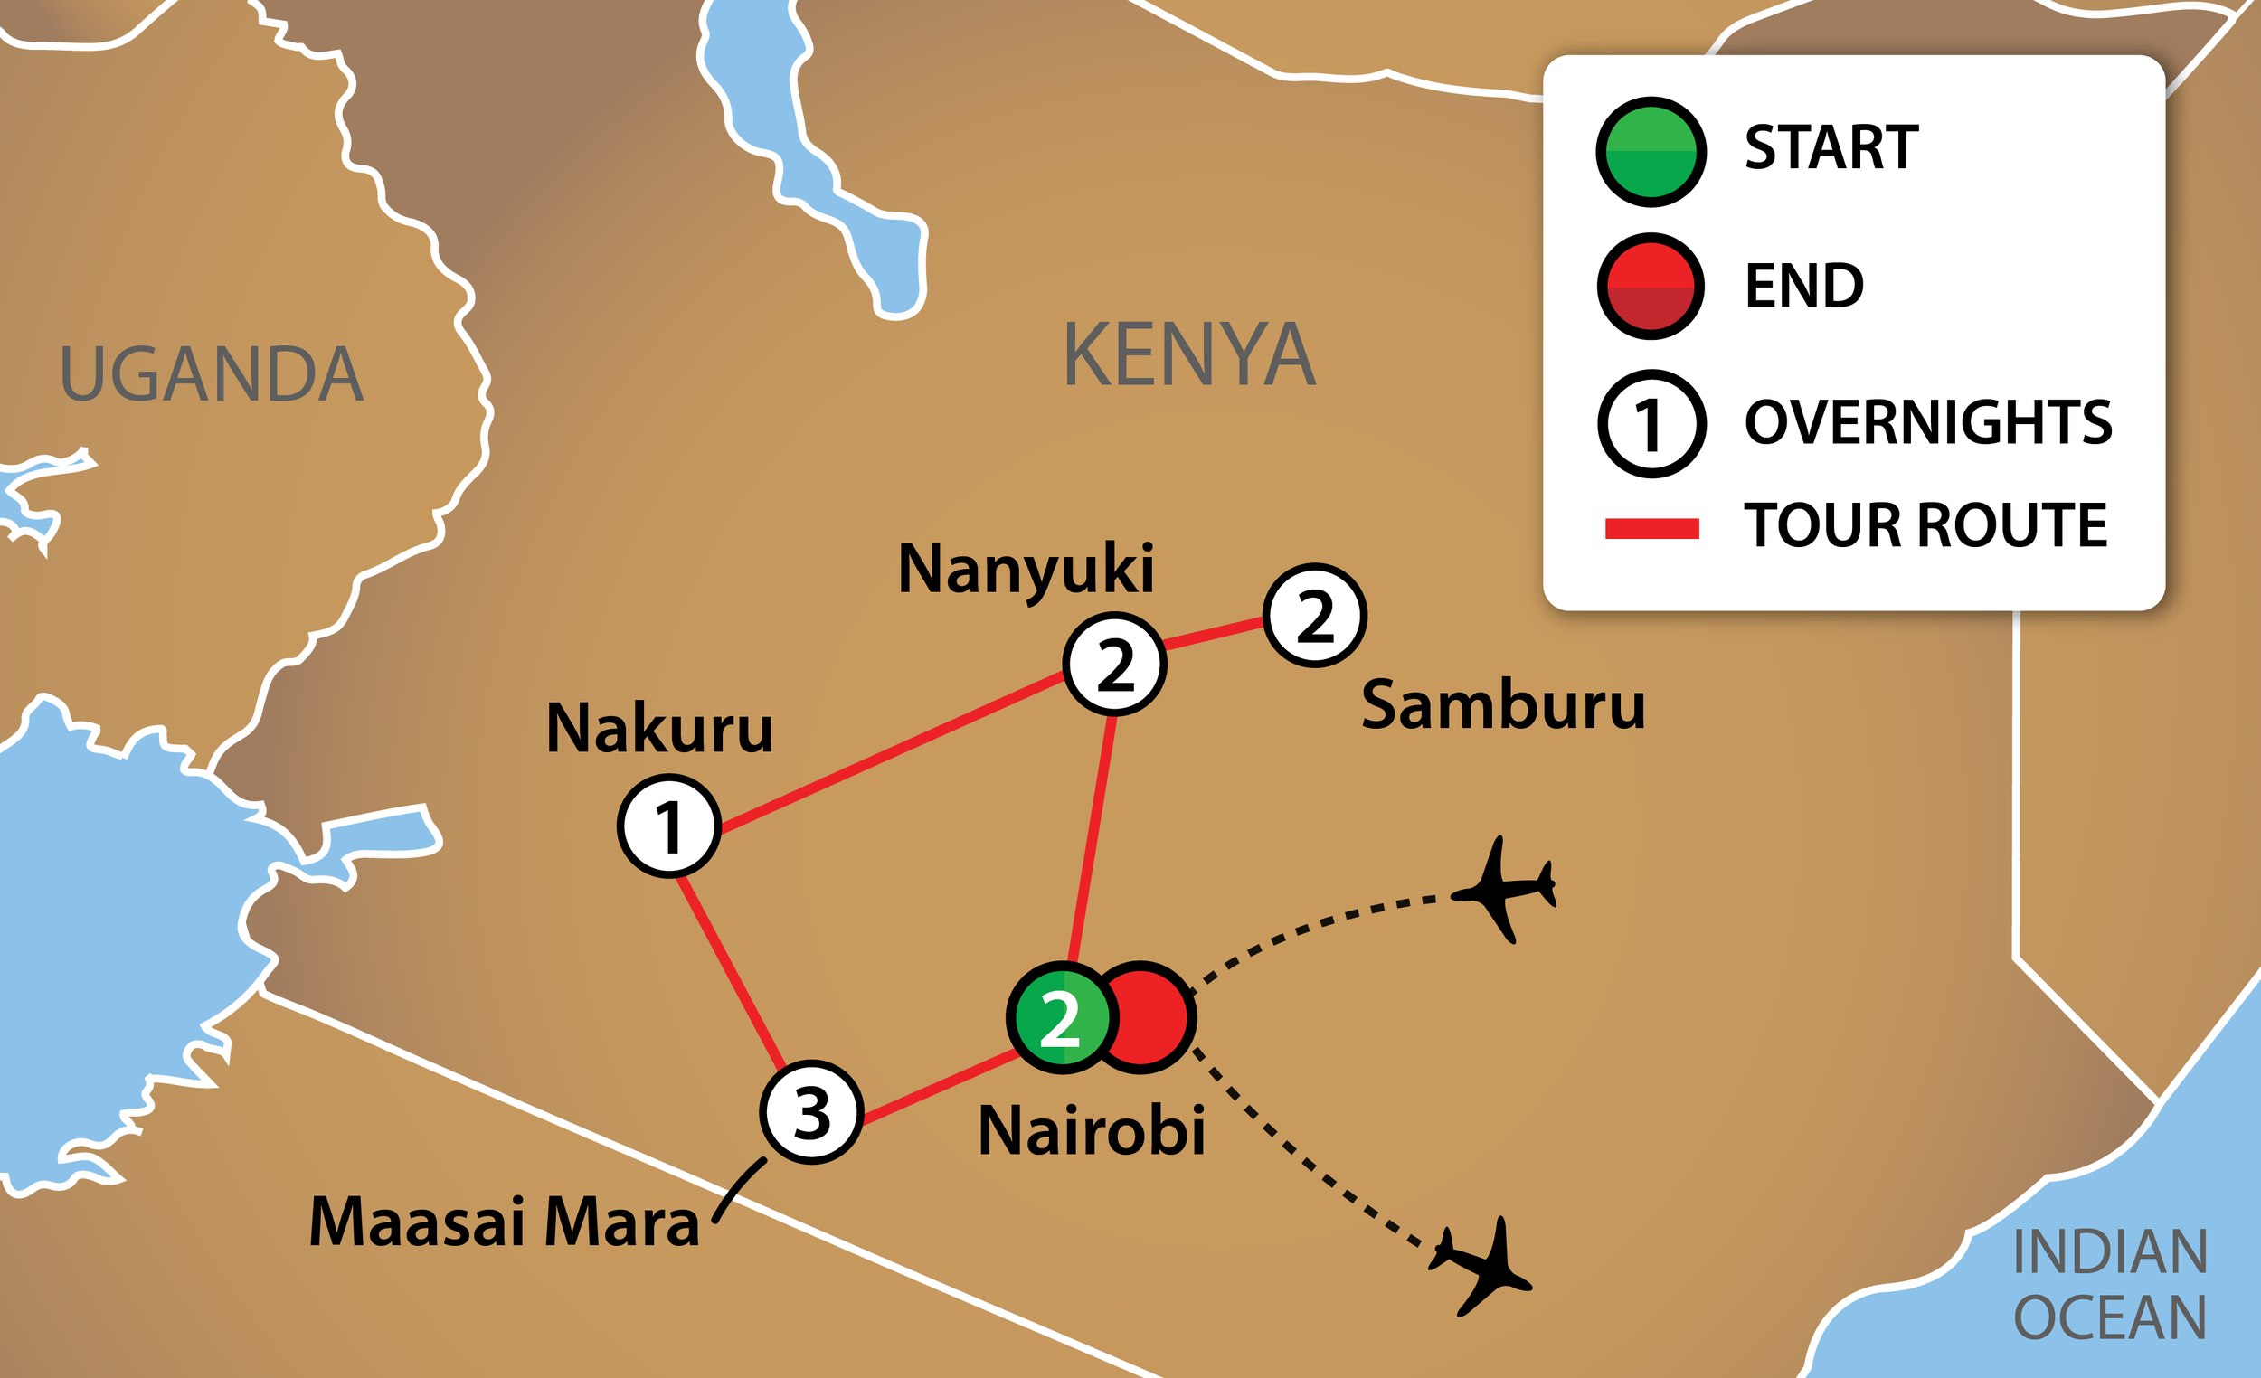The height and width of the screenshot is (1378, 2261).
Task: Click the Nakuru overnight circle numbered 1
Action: pyautogui.click(x=668, y=826)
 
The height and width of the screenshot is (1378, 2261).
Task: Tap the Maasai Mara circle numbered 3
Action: pyautogui.click(x=811, y=1112)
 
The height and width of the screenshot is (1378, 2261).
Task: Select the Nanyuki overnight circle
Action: pyautogui.click(x=1114, y=665)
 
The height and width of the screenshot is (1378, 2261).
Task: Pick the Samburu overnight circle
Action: pyautogui.click(x=1315, y=616)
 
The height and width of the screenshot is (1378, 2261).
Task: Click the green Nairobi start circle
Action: pyautogui.click(x=1060, y=1017)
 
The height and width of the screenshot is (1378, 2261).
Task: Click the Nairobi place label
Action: pyautogui.click(x=1091, y=1130)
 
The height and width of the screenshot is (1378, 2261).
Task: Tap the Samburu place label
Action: pyautogui.click(x=1503, y=704)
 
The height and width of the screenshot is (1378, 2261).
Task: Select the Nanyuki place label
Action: pyautogui.click(x=1025, y=569)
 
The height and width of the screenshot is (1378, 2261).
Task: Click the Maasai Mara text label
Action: pyautogui.click(x=504, y=1222)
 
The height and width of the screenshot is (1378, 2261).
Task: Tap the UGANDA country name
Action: pyautogui.click(x=211, y=374)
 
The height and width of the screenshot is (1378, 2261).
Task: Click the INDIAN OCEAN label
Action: pyautogui.click(x=2110, y=1285)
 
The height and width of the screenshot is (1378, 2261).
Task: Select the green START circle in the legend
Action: pyautogui.click(x=1651, y=151)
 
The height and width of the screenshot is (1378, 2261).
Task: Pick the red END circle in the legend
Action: pyautogui.click(x=1651, y=287)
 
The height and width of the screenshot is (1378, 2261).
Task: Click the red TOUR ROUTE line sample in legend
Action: pyautogui.click(x=1651, y=528)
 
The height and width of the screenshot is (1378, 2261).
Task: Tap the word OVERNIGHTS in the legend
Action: pyautogui.click(x=1928, y=422)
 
